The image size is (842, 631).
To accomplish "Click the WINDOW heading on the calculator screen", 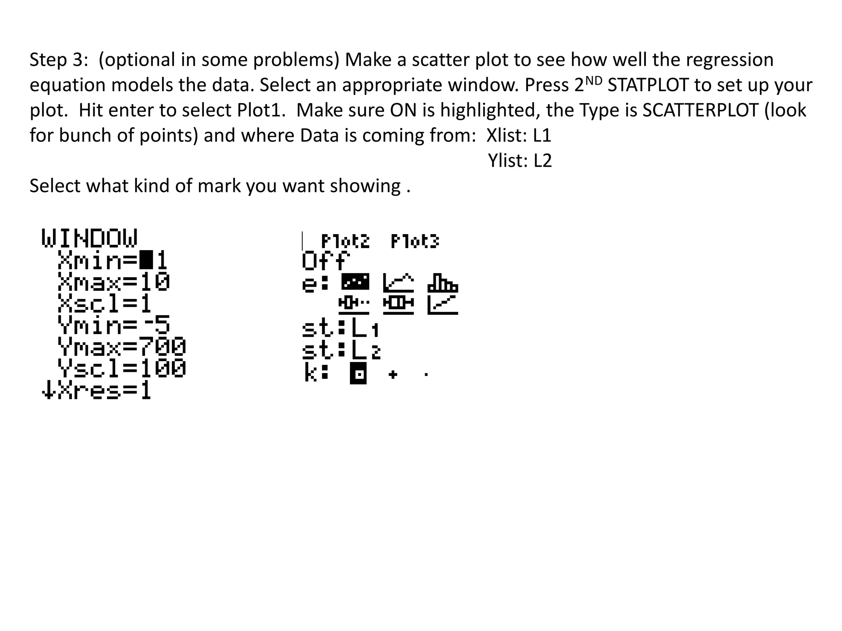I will click(90, 238).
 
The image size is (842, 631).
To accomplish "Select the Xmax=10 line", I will click(114, 282).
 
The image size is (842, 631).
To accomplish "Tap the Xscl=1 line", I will click(105, 304).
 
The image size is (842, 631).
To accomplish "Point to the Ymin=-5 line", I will click(114, 325).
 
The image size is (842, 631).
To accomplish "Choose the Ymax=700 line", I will click(122, 347).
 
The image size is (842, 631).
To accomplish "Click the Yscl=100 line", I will click(122, 368).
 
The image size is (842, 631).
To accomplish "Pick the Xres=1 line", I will click(97, 391).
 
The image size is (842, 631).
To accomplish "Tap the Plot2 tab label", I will click(345, 242).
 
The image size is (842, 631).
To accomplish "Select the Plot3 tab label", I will click(415, 242).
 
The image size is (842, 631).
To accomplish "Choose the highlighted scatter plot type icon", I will click(355, 282).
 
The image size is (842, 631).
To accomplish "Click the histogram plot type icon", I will click(442, 283).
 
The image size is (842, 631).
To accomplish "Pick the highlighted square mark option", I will click(358, 375).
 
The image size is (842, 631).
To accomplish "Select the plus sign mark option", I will click(393, 375).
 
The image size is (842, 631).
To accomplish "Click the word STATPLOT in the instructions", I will click(648, 85).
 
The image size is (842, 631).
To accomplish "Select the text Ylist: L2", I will click(520, 161).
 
